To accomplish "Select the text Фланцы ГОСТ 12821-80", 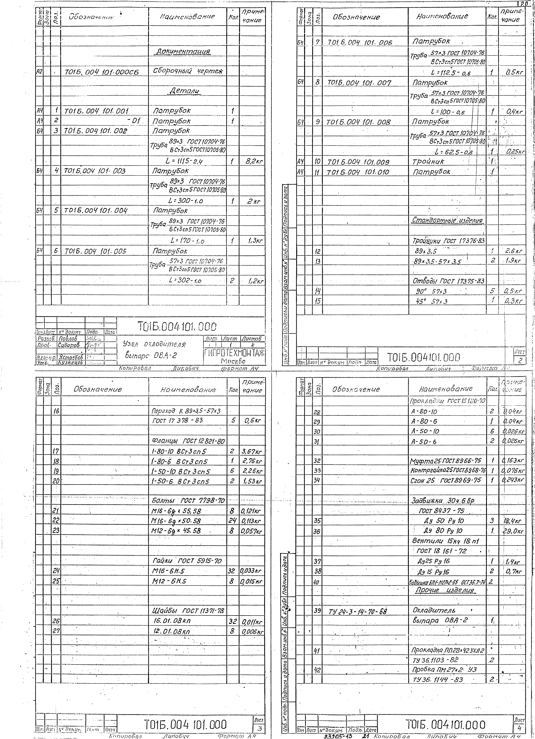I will pos(188,441).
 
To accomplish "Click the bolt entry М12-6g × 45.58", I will pos(176,530).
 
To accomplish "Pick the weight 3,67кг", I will pos(252,451).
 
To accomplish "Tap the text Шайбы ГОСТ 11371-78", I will pos(188,610).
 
